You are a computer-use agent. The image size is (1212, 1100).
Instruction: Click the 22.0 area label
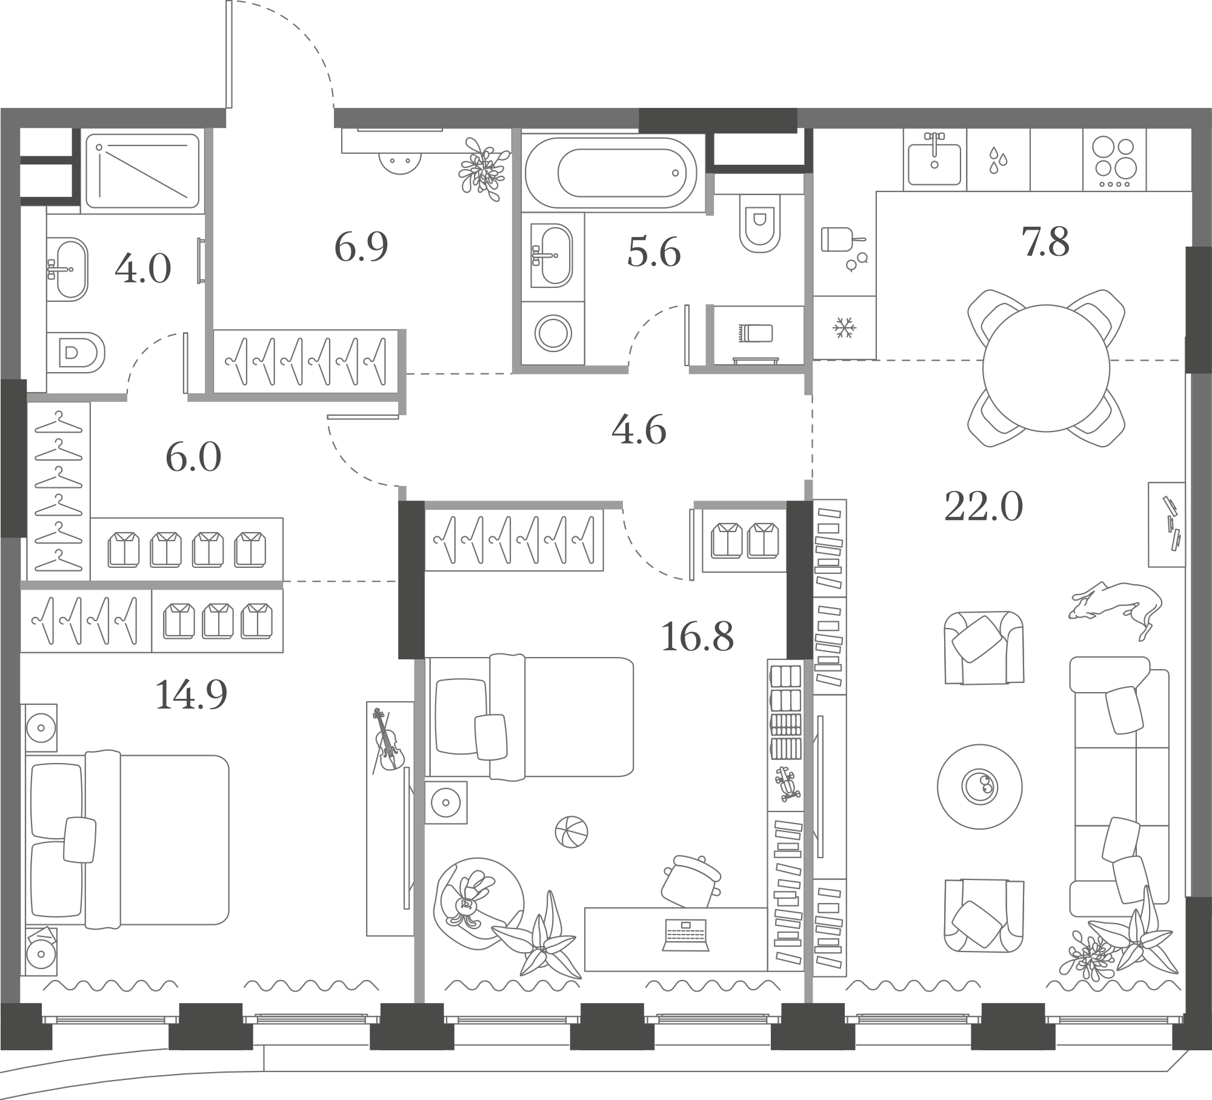(984, 506)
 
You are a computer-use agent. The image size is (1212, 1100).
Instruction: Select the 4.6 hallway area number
(639, 430)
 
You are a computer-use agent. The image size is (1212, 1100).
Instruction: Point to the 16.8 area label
(698, 636)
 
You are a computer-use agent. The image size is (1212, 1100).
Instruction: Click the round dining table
(1046, 368)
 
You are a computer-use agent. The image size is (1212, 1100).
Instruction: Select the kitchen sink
(935, 158)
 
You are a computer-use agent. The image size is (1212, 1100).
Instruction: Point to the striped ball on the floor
(571, 832)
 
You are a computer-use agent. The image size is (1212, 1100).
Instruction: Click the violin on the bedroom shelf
(388, 739)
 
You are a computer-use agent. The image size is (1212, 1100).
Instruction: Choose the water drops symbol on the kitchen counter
(998, 159)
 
